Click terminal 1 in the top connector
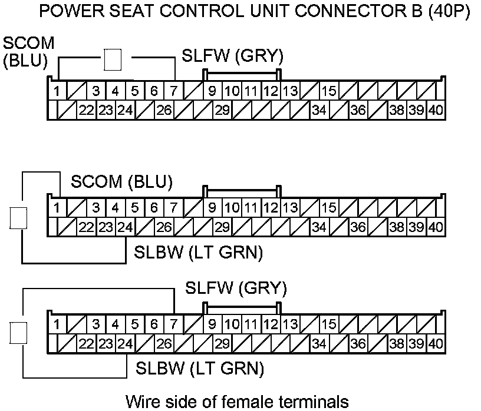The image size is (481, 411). (x=57, y=91)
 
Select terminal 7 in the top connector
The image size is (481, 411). (x=173, y=91)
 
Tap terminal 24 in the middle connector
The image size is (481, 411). (x=124, y=227)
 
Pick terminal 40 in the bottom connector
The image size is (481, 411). (x=436, y=343)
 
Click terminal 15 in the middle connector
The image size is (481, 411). (x=329, y=208)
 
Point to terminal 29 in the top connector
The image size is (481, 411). (x=222, y=110)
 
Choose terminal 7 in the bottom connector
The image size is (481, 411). (x=173, y=324)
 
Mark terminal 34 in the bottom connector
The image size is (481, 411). (x=319, y=343)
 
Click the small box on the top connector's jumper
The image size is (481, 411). (x=113, y=59)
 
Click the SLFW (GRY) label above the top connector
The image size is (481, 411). (x=233, y=57)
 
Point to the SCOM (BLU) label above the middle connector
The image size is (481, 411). (x=122, y=182)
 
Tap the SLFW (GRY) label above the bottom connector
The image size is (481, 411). (x=236, y=288)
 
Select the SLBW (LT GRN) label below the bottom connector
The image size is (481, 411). (x=200, y=369)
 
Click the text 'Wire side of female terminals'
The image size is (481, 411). (x=237, y=401)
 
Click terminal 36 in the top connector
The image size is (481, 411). (x=358, y=110)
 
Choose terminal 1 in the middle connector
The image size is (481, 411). (x=57, y=208)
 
